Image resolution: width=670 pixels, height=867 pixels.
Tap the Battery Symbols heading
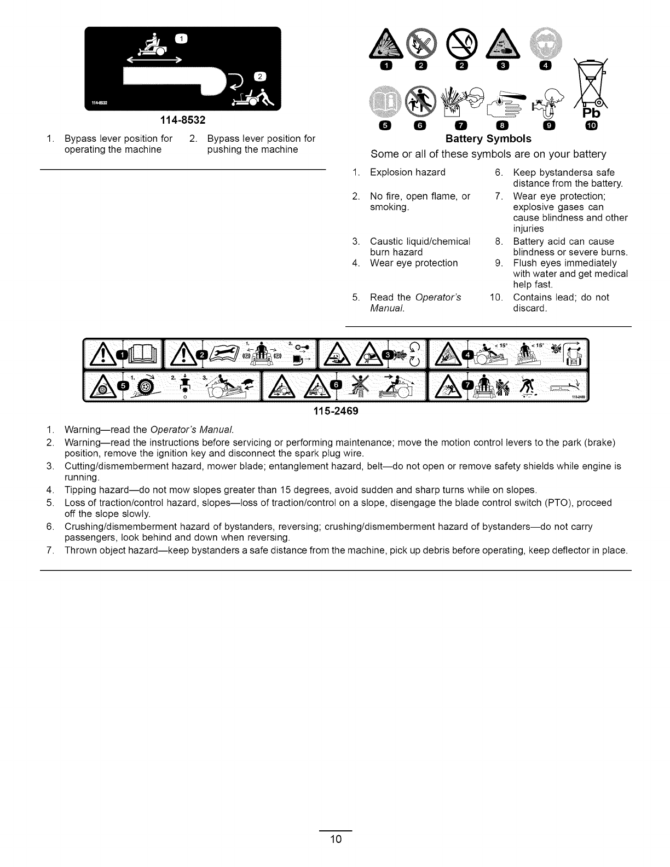[x=489, y=139]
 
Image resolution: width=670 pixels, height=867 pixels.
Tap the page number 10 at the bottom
[x=335, y=840]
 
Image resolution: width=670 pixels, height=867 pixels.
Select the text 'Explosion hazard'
[x=407, y=172]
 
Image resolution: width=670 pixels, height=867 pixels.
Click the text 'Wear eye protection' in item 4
[x=414, y=263]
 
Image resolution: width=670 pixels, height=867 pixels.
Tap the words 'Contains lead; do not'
[x=561, y=297]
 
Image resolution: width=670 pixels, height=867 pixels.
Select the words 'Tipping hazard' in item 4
[x=94, y=489]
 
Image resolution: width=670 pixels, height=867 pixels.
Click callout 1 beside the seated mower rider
[x=181, y=38]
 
